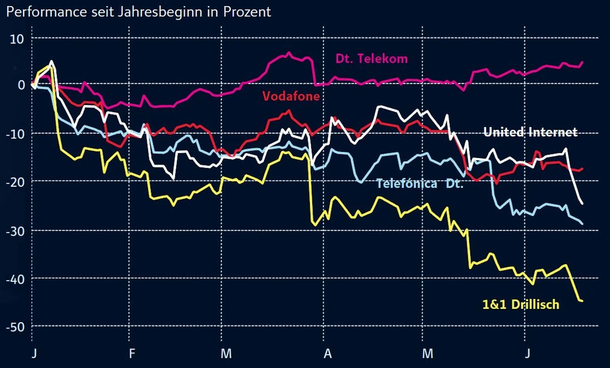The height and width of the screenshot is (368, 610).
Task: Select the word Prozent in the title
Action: [x=243, y=12]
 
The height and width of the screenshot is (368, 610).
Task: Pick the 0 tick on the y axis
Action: [x=20, y=85]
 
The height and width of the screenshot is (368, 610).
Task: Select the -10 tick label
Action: [x=14, y=133]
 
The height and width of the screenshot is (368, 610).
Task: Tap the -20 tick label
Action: [x=14, y=181]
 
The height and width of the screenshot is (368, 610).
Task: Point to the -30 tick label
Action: [x=14, y=230]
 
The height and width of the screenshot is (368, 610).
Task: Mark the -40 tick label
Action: [x=14, y=278]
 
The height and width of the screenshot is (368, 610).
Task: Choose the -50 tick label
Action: [x=14, y=327]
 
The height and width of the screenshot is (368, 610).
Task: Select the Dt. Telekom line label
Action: [x=371, y=59]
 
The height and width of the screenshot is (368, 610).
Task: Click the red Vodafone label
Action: [x=291, y=96]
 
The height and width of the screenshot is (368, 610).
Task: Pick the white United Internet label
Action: [x=530, y=132]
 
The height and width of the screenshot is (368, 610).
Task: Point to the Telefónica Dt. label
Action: [x=420, y=183]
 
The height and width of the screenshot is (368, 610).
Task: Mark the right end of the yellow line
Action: [x=582, y=301]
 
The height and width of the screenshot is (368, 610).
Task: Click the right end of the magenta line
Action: [x=583, y=62]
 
